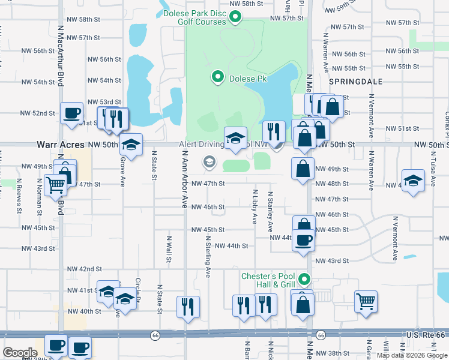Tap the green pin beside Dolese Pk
click(217, 77)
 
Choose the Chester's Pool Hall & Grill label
click(268, 280)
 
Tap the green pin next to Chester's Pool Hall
click(304, 279)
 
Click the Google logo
click(20, 353)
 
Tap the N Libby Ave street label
click(255, 205)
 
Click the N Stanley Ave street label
click(271, 212)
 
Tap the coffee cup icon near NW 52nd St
click(71, 113)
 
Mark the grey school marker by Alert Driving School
click(209, 160)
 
